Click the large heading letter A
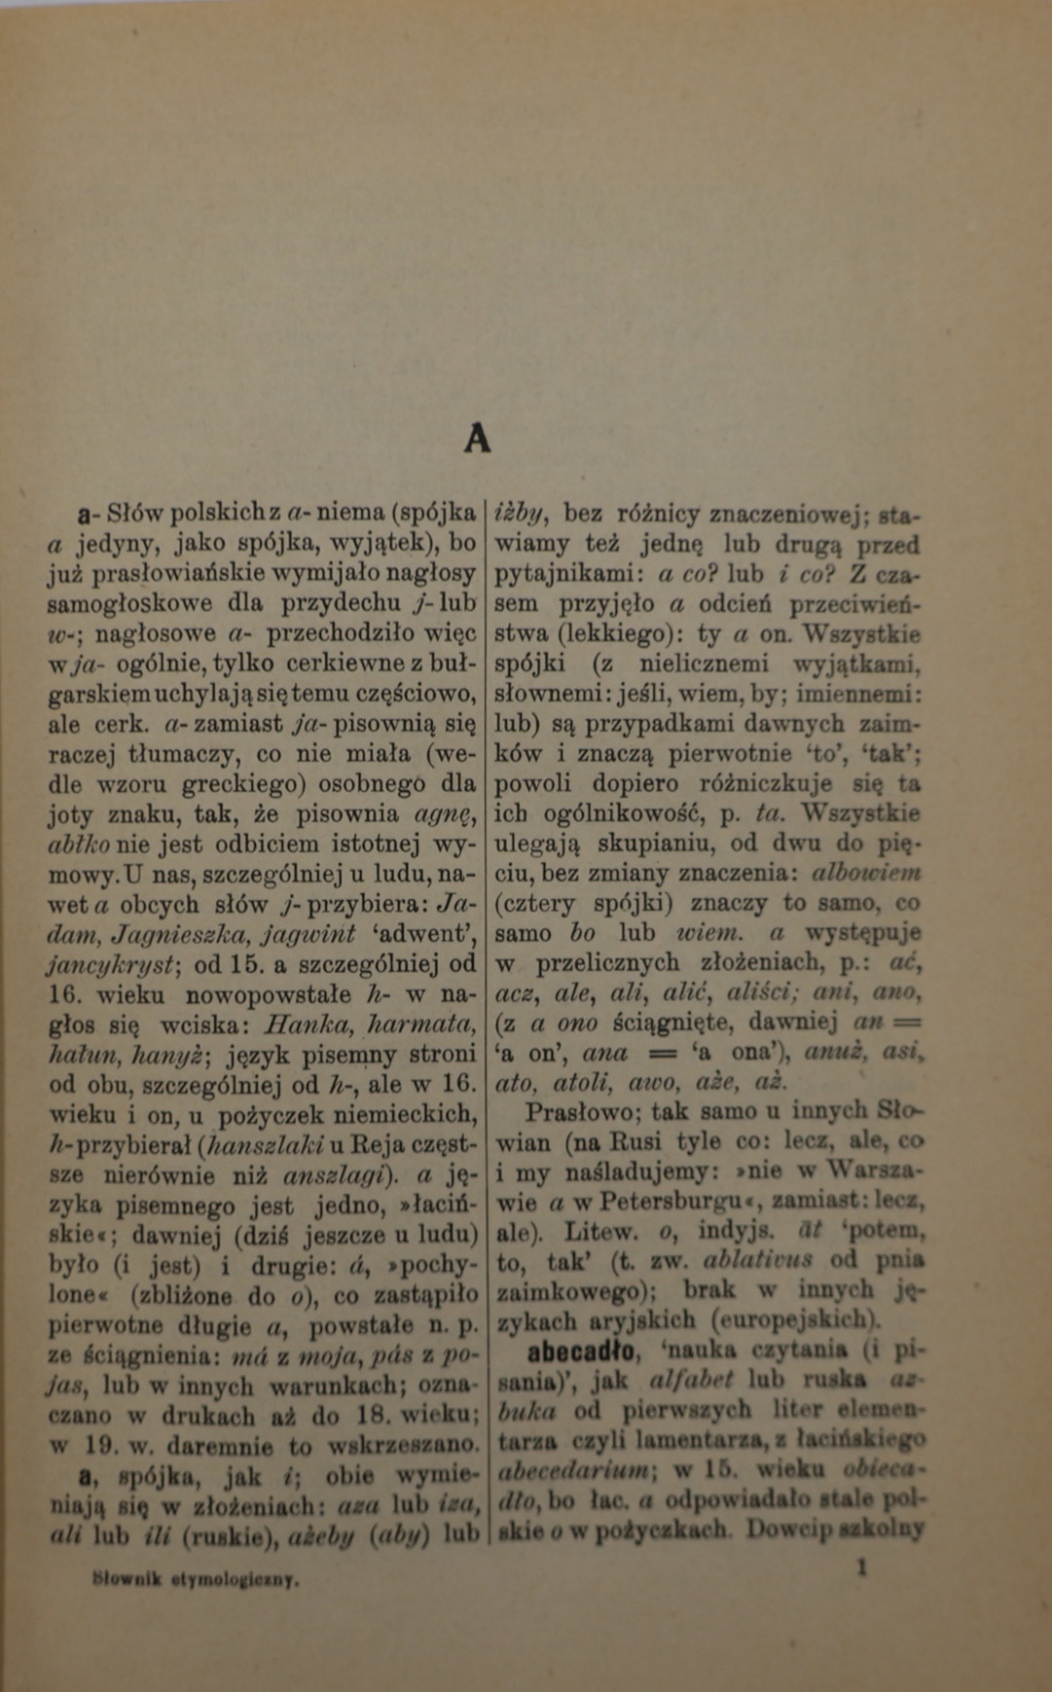coord(477,440)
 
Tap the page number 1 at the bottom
coord(860,1566)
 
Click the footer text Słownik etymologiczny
coord(196,1580)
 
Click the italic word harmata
coord(423,1024)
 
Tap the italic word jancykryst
coord(108,964)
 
